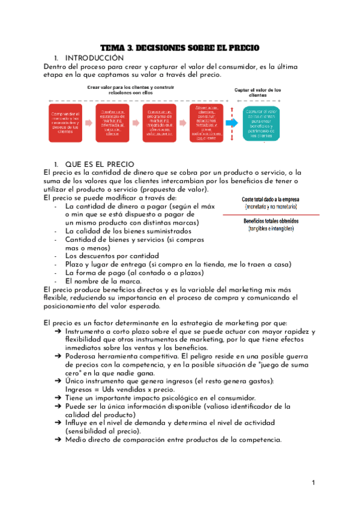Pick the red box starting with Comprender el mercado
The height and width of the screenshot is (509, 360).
pos(65,123)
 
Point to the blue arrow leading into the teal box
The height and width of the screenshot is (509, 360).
pos(232,123)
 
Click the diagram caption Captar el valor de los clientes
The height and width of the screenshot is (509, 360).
pos(257,91)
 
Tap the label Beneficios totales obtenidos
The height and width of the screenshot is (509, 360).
pos(271,221)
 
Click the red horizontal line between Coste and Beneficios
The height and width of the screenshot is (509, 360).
pos(271,214)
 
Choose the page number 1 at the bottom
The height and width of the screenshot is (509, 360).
pos(313,483)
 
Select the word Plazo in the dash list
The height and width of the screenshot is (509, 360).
pos(76,264)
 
